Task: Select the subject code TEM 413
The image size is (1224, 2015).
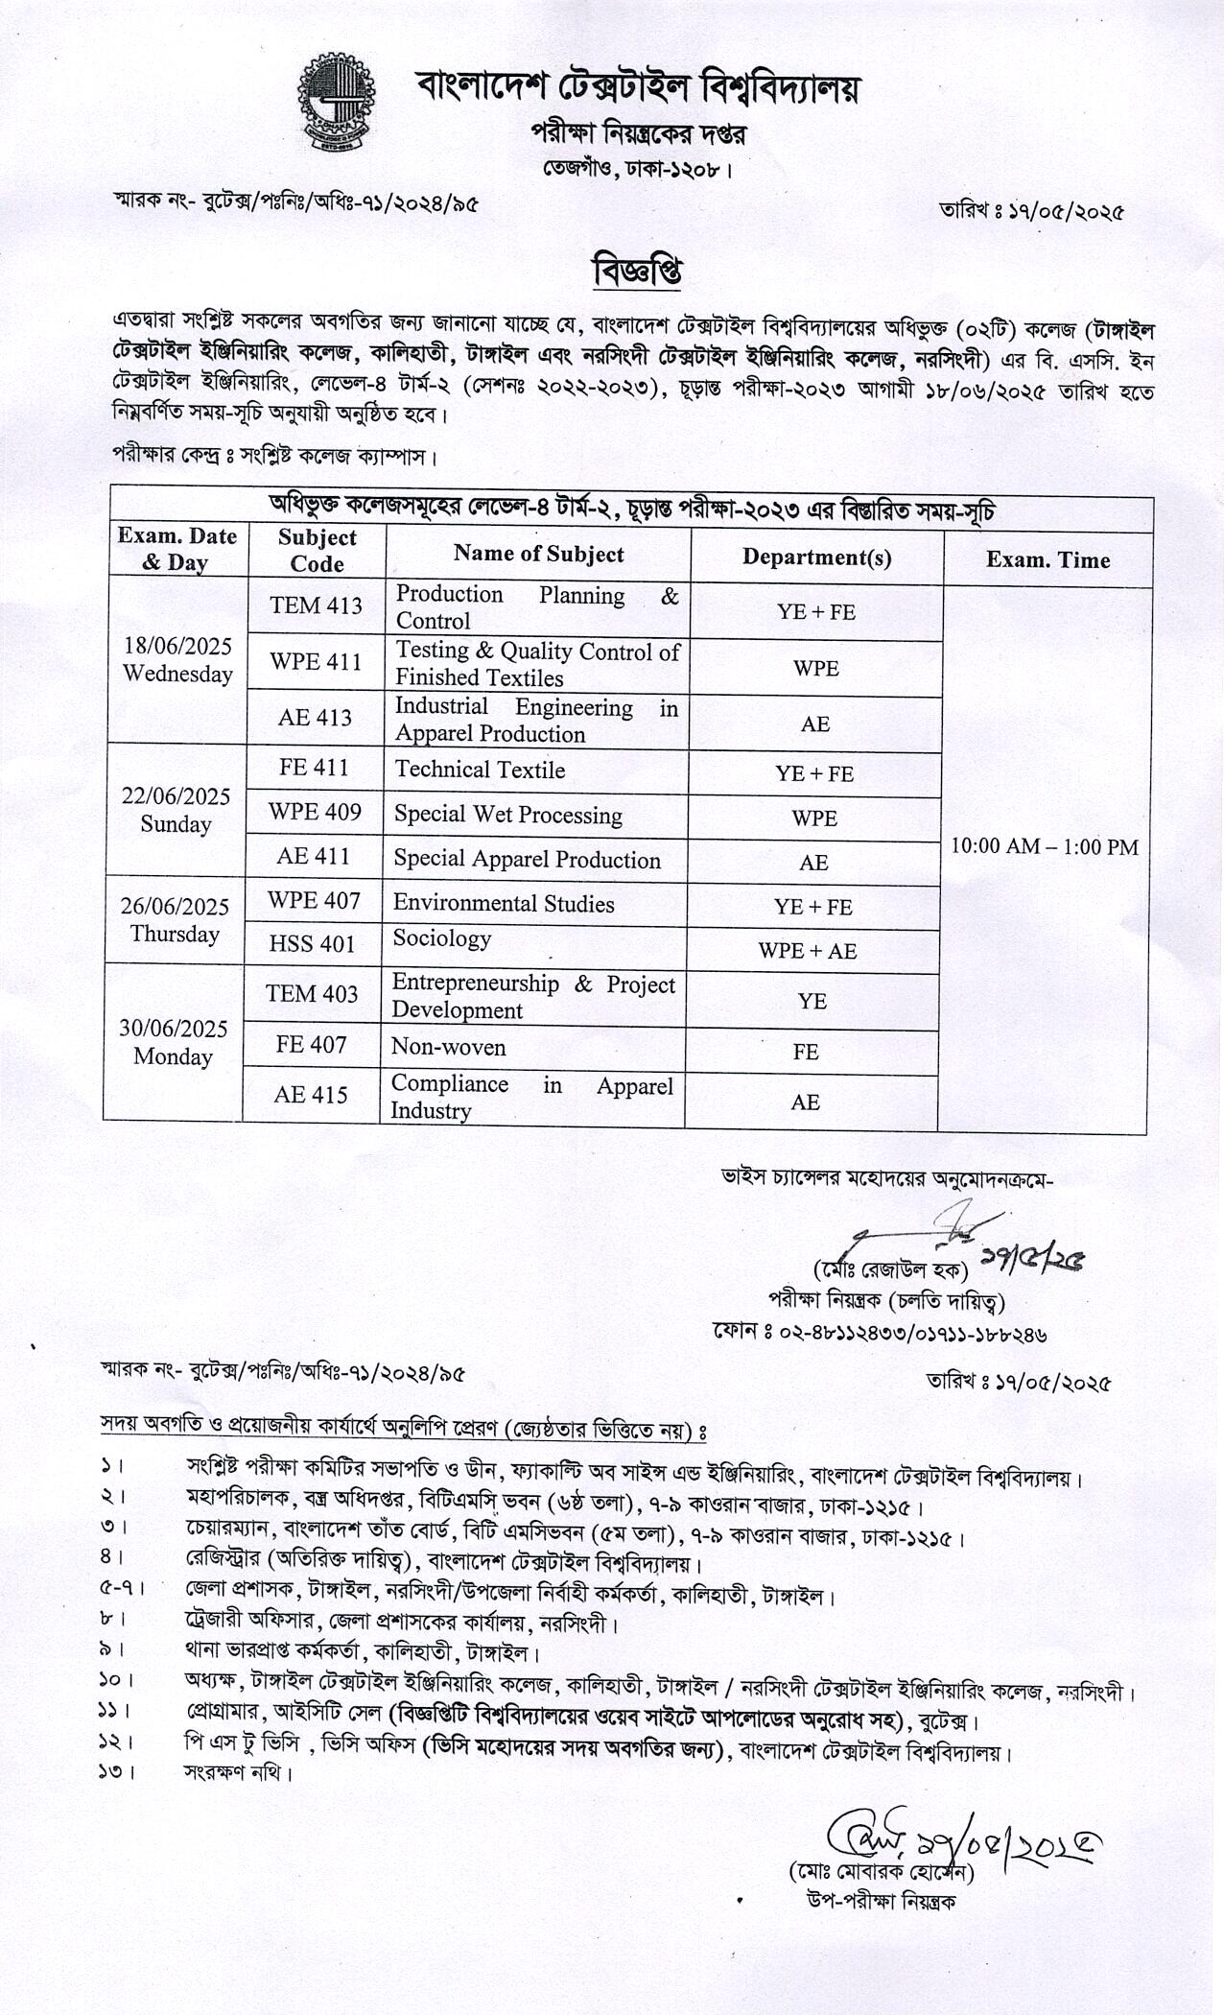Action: [x=316, y=605]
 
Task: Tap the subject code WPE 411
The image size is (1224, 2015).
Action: [x=316, y=662]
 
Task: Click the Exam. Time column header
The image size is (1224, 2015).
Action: [x=1047, y=560]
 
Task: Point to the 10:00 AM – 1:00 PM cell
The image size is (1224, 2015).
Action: [x=1044, y=847]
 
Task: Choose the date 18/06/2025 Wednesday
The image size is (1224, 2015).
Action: [x=177, y=660]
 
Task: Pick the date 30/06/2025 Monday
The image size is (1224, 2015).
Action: [x=173, y=1043]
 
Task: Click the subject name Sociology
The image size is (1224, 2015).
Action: [x=442, y=938]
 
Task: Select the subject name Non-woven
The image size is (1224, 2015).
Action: [x=448, y=1047]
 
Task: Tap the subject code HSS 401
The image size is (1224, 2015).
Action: [x=312, y=944]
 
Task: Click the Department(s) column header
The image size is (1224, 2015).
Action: [x=816, y=557]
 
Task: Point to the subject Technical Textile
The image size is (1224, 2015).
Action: [x=480, y=770]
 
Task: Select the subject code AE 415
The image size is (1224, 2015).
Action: [x=310, y=1095]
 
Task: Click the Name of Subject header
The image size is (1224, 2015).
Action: [x=538, y=554]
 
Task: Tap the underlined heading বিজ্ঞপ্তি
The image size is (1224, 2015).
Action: [x=637, y=272]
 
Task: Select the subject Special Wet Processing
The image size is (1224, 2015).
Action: [x=507, y=816]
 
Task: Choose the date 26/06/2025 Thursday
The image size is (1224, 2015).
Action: [x=175, y=920]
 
